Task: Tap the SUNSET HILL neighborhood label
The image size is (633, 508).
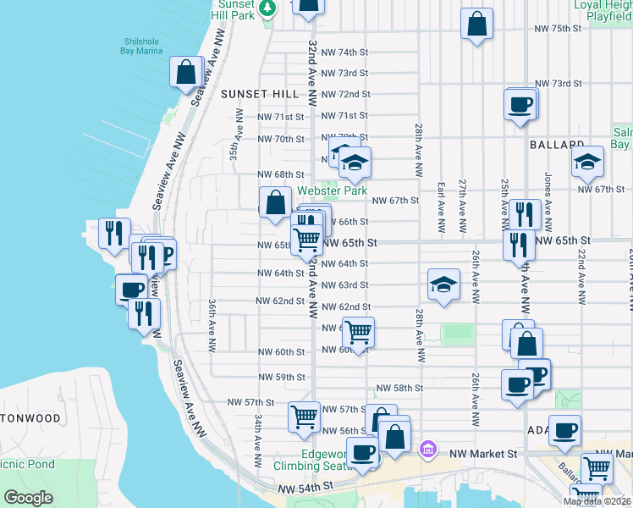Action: click(x=255, y=94)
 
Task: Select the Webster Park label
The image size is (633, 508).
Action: click(x=332, y=191)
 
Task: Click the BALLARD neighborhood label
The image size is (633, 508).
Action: click(x=558, y=146)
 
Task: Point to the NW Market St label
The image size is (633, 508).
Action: click(x=482, y=454)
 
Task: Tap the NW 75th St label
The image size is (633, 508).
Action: click(x=559, y=29)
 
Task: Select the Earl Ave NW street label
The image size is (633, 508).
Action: click(x=441, y=207)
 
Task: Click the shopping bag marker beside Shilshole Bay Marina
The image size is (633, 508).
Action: click(x=186, y=72)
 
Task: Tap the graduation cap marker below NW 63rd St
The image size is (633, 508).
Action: click(x=443, y=284)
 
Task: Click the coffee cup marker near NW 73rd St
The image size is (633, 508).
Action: click(x=520, y=105)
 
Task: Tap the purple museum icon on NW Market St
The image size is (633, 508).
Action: click(x=428, y=448)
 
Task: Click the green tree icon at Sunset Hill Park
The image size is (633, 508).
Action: click(x=268, y=8)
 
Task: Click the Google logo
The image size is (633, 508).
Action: click(x=28, y=498)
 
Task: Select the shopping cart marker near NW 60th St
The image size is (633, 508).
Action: click(x=358, y=331)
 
